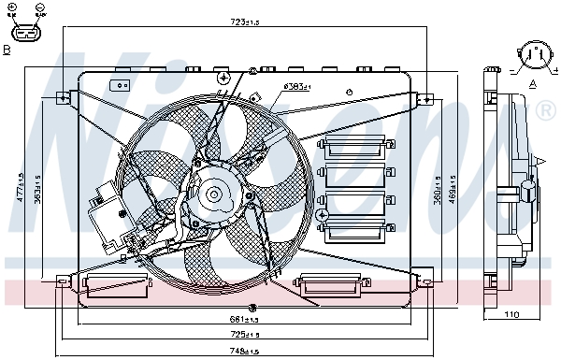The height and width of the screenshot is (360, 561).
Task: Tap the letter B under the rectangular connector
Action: (x=7, y=50)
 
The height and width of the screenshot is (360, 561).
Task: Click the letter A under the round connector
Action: (x=533, y=84)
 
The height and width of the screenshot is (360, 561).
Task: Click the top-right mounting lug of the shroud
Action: (x=425, y=96)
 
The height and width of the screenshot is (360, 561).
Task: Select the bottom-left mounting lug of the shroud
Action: (x=63, y=280)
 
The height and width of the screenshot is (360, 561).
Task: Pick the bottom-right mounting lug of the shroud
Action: (x=425, y=278)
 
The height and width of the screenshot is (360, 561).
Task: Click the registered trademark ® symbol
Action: (x=545, y=112)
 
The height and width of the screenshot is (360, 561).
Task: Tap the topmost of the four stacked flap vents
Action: (x=353, y=146)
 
